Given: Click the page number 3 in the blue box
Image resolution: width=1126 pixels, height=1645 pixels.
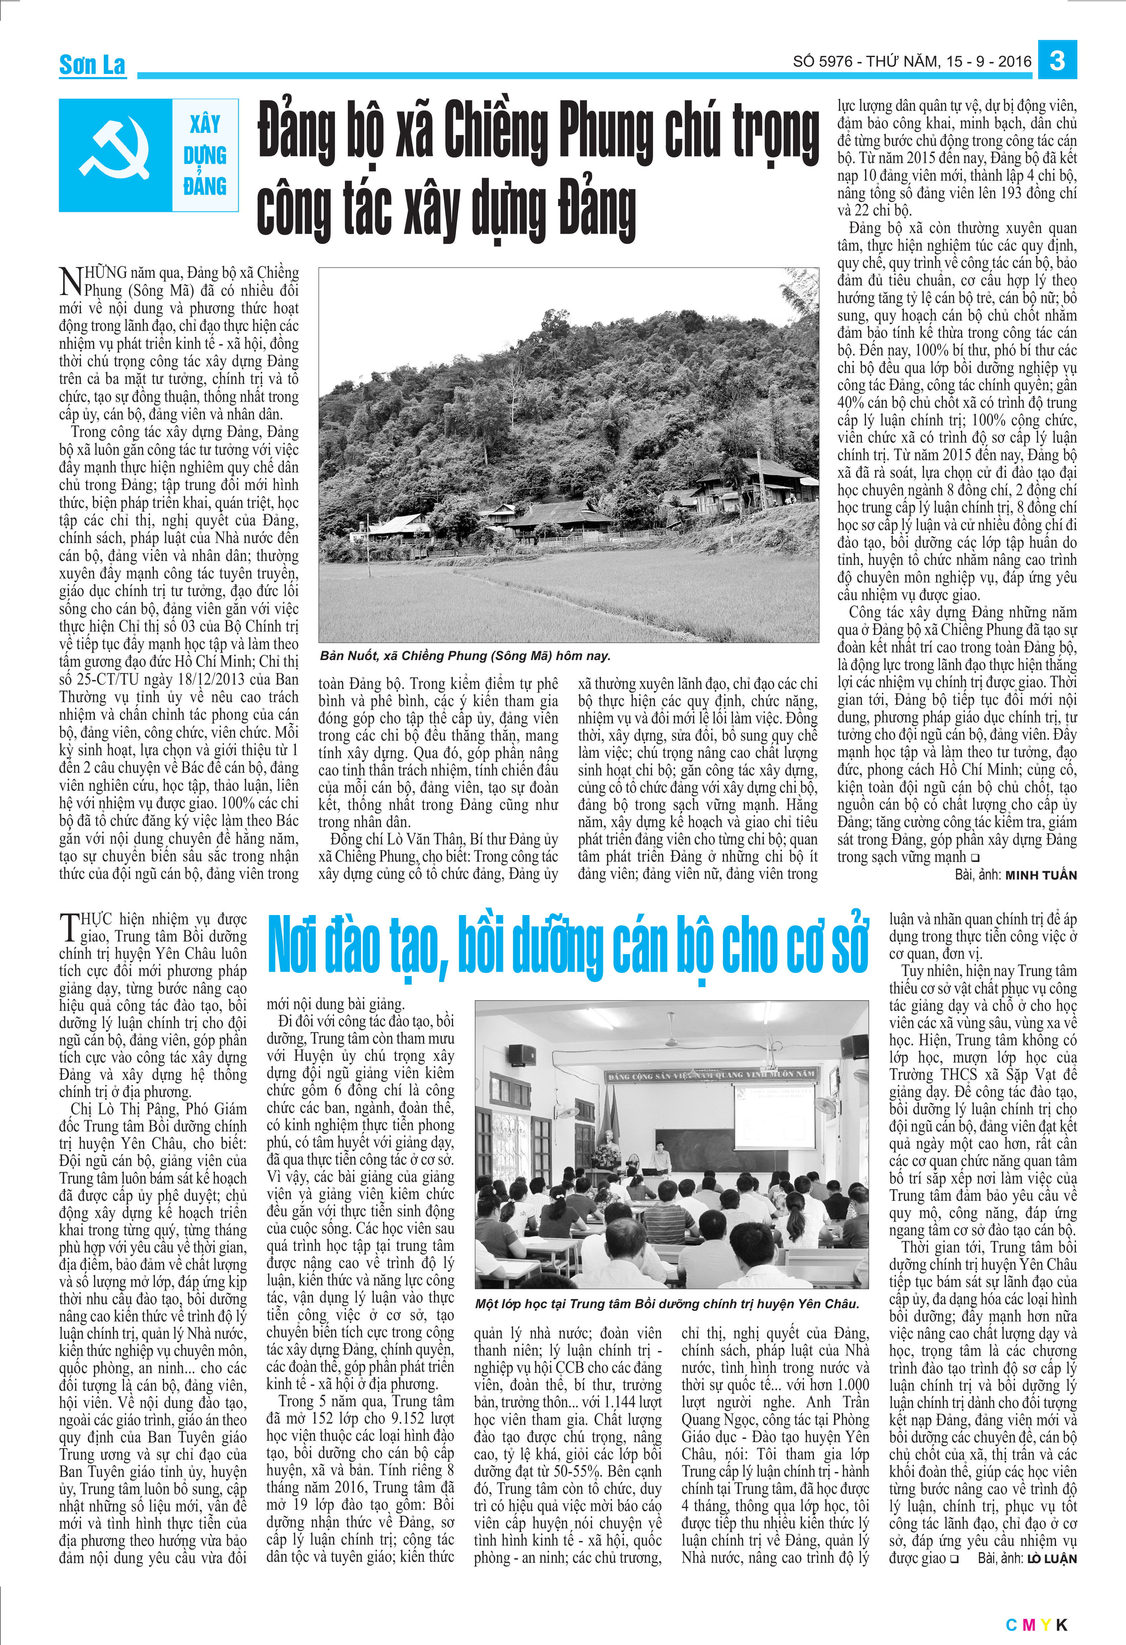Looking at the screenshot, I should [1057, 61].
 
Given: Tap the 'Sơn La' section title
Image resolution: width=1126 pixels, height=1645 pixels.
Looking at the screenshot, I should [92, 65].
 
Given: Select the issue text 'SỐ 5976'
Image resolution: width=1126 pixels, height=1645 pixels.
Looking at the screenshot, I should [822, 62].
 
